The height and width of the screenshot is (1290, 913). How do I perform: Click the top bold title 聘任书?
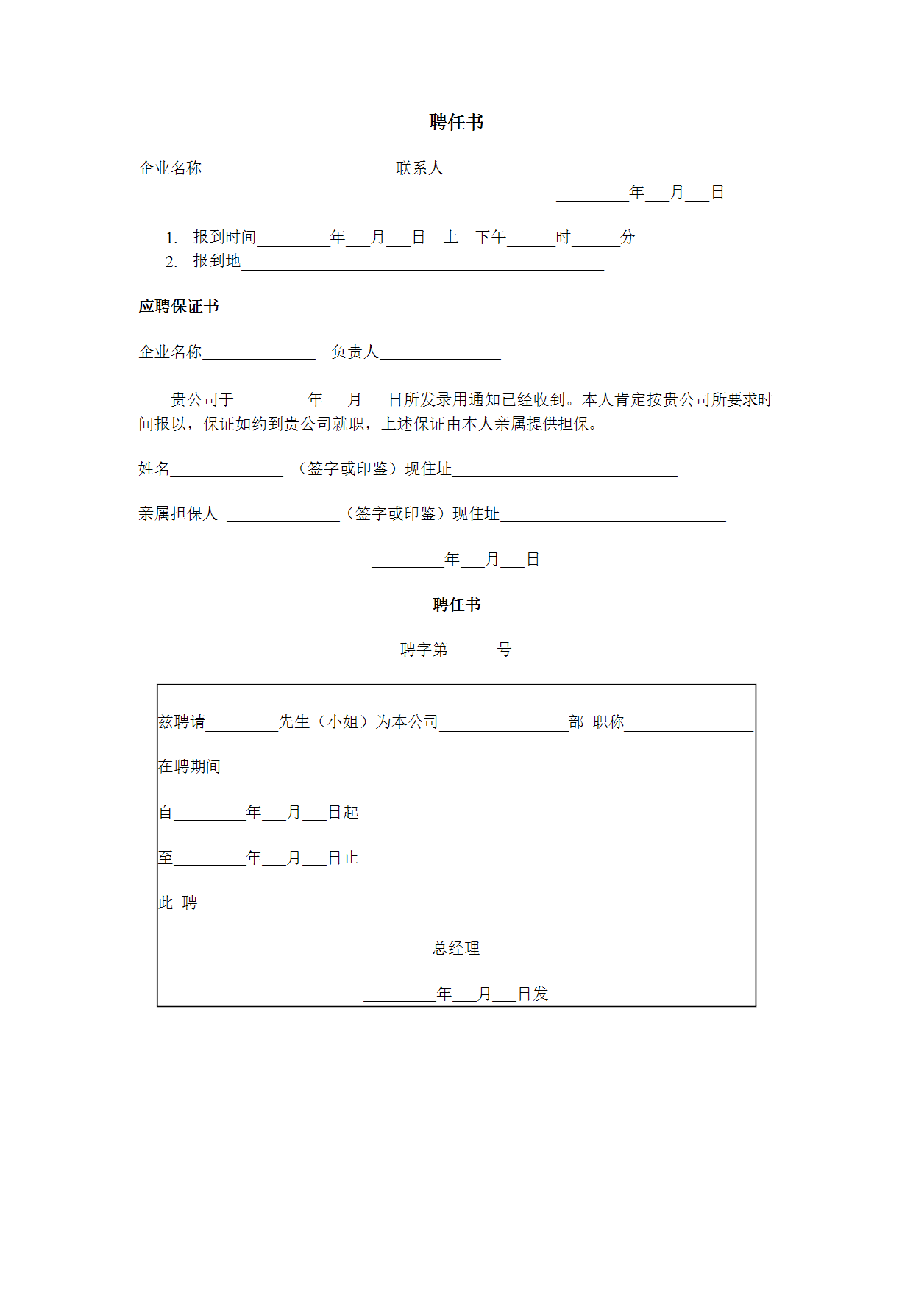pyautogui.click(x=456, y=122)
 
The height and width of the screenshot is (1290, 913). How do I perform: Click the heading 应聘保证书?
pyautogui.click(x=178, y=306)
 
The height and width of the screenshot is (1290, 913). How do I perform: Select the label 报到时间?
pyautogui.click(x=224, y=237)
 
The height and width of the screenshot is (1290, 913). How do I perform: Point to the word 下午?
pyautogui.click(x=491, y=237)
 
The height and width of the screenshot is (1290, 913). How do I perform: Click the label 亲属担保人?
pyautogui.click(x=178, y=513)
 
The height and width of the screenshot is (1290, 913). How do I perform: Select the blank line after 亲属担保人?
pyautogui.click(x=283, y=516)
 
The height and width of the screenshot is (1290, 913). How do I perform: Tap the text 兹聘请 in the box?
pyautogui.click(x=182, y=721)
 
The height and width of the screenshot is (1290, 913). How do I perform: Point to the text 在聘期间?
pyautogui.click(x=189, y=766)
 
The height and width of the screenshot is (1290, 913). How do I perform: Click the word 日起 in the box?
pyautogui.click(x=343, y=812)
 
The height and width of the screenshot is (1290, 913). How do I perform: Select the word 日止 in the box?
pyautogui.click(x=343, y=858)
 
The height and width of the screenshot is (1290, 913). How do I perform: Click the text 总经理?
pyautogui.click(x=456, y=948)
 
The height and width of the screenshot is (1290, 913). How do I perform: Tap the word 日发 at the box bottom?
pyautogui.click(x=533, y=994)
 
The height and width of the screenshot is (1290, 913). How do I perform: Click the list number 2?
pyautogui.click(x=171, y=262)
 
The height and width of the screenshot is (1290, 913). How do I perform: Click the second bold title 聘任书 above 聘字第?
pyautogui.click(x=456, y=605)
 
